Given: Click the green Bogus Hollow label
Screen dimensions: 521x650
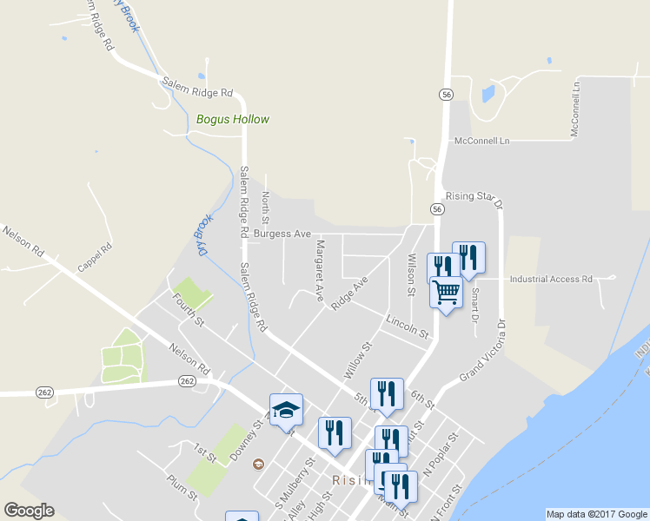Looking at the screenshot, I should [233, 120].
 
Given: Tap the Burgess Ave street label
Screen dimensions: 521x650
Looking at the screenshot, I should [282, 234].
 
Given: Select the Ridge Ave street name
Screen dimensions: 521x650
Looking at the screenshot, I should [349, 291].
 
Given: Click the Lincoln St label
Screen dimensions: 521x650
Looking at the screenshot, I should [408, 327].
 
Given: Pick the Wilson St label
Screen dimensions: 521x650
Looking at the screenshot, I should [411, 274].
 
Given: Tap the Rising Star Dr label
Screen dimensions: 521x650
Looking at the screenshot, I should [474, 200].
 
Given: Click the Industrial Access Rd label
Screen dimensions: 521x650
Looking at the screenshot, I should [550, 280].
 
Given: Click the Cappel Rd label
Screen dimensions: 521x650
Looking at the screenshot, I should [96, 258].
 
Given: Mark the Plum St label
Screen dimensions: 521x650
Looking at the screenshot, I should [183, 486].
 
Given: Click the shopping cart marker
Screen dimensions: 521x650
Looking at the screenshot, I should [446, 292].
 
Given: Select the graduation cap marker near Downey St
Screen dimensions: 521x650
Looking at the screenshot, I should [286, 409].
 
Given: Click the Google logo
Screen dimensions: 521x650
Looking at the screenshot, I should [29, 511].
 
